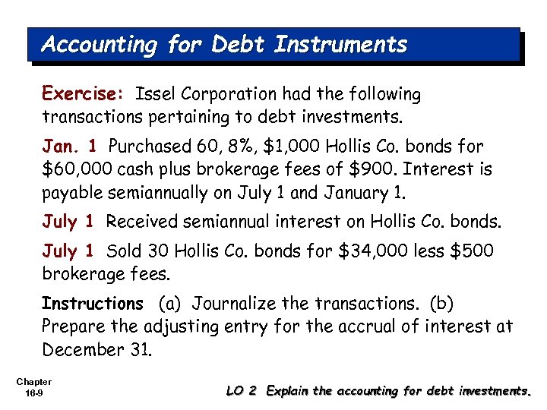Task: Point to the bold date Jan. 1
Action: click(71, 146)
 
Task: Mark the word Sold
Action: click(125, 251)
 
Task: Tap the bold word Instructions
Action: click(92, 304)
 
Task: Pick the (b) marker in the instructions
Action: click(441, 304)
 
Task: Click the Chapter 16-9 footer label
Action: click(33, 386)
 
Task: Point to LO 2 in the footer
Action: click(244, 391)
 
